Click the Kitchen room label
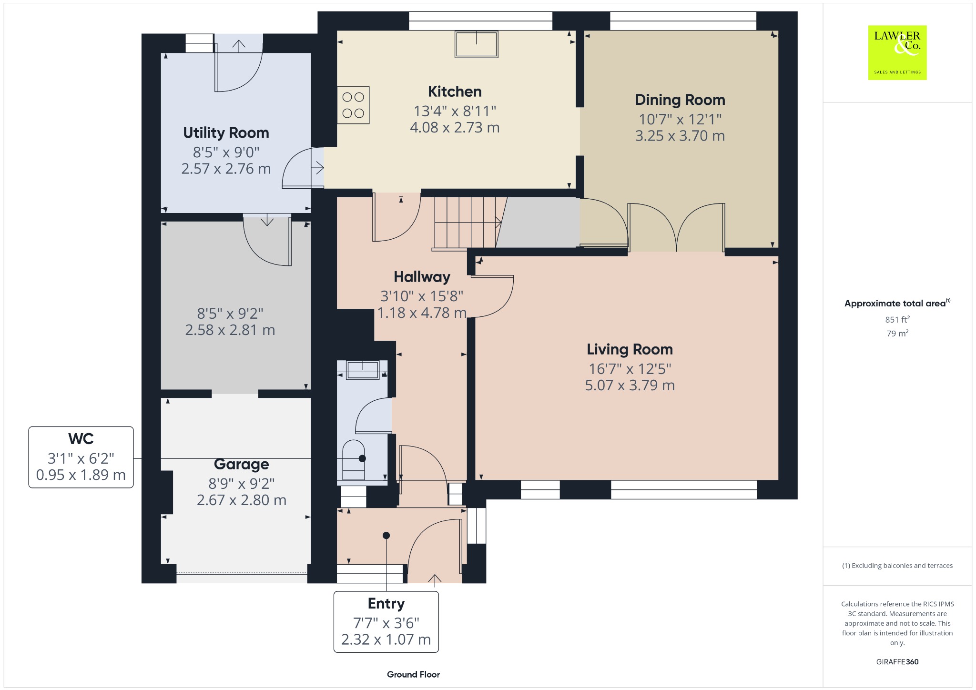pos(455,91)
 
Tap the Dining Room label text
pos(680,100)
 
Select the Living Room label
pos(630,349)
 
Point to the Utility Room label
pos(226,132)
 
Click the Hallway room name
pos(422,277)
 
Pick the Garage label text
pos(242,464)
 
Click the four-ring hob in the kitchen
pos(353,105)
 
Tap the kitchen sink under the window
pos(476,44)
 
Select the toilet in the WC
pos(354,460)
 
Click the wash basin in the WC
pos(363,370)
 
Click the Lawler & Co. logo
pos(897,52)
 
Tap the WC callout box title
pos(81,439)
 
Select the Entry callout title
pos(386,604)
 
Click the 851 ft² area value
pos(897,319)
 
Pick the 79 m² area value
pos(897,334)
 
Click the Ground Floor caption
pos(413,674)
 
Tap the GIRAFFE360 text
pos(897,662)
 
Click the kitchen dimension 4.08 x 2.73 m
pos(455,128)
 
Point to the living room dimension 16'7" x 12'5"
pos(630,369)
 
